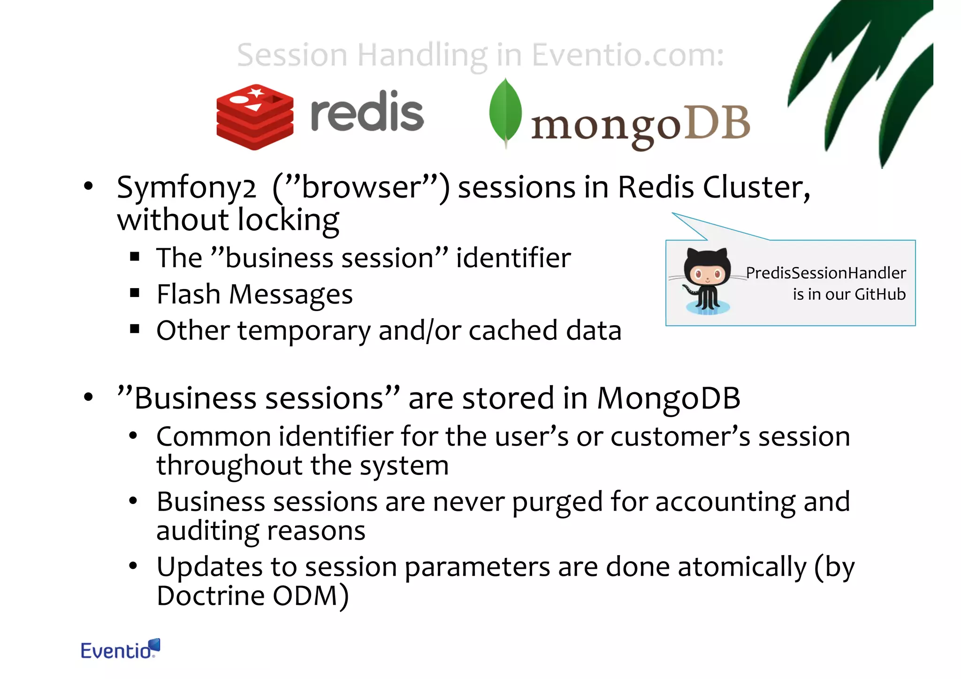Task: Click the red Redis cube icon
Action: [x=255, y=117]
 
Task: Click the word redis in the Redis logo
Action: [x=367, y=113]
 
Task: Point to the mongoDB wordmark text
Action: [x=641, y=125]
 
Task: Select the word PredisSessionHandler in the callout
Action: [x=826, y=273]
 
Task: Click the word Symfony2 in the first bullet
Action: [x=186, y=188]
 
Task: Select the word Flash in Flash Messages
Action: [x=188, y=295]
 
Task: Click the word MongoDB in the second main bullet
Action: [x=668, y=398]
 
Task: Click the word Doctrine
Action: [x=211, y=595]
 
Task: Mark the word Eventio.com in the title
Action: [x=628, y=55]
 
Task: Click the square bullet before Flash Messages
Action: [x=135, y=294]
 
